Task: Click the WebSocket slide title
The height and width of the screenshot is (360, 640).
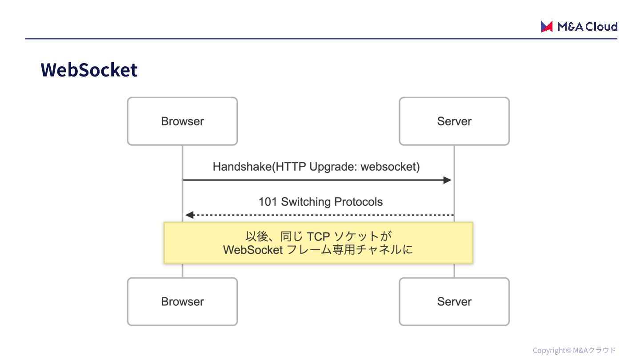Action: (x=89, y=70)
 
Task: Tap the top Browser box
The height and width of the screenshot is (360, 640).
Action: (x=182, y=121)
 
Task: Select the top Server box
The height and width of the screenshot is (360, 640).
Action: (x=454, y=121)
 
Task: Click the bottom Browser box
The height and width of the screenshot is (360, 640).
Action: (x=182, y=301)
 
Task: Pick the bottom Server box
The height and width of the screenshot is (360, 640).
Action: (x=454, y=301)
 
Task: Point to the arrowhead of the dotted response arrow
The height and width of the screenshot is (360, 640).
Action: (x=190, y=215)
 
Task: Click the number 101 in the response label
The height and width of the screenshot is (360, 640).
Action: (x=268, y=202)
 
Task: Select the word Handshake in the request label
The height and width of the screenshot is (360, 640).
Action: (x=242, y=167)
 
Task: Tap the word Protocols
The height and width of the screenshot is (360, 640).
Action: (x=358, y=202)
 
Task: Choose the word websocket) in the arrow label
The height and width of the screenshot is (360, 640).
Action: (x=390, y=167)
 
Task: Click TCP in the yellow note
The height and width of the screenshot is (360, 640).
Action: (x=318, y=236)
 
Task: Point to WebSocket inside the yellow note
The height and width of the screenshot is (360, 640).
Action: (x=253, y=250)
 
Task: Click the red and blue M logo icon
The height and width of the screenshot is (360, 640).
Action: (x=547, y=27)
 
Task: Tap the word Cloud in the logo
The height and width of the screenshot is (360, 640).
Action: (x=601, y=27)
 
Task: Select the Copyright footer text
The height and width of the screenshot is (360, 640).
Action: (x=574, y=350)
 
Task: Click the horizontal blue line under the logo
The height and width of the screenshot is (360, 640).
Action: (x=321, y=39)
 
